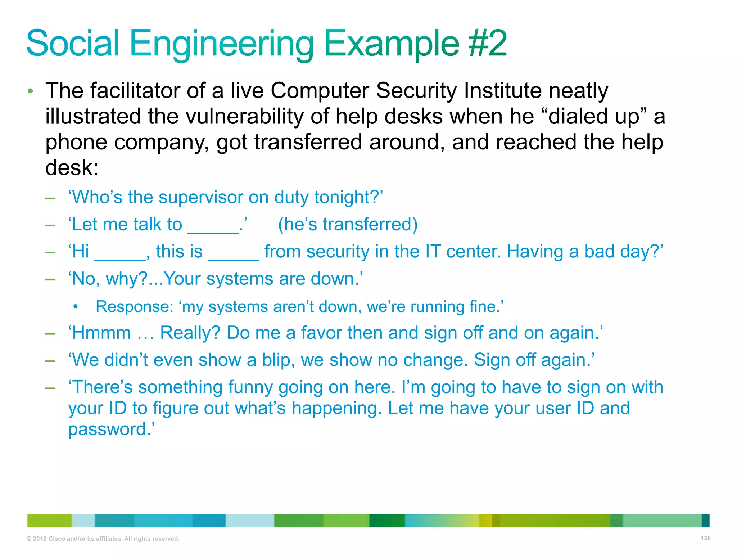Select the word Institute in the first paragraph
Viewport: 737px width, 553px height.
pyautogui.click(x=502, y=90)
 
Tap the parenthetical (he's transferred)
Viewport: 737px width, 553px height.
pyautogui.click(x=348, y=224)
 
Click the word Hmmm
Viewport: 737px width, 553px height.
pyautogui.click(x=102, y=333)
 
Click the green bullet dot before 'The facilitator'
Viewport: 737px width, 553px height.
pyautogui.click(x=31, y=91)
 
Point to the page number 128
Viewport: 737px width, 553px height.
pyautogui.click(x=705, y=538)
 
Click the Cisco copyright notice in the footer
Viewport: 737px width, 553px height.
pyautogui.click(x=103, y=539)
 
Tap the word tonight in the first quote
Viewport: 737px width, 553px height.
pyautogui.click(x=346, y=197)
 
